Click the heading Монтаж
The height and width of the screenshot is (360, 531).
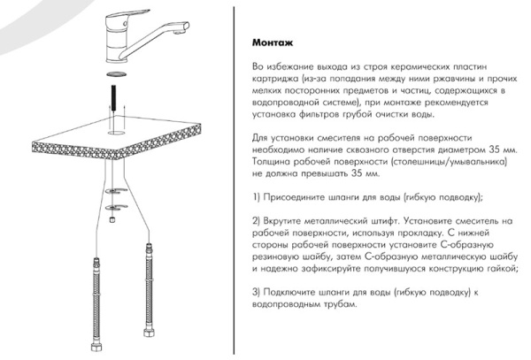click(x=273, y=43)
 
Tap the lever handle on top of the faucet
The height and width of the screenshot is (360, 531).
click(x=127, y=15)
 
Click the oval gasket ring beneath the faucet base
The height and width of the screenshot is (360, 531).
click(x=117, y=74)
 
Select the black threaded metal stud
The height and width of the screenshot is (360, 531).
click(x=114, y=97)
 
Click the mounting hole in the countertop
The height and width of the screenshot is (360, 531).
click(x=117, y=132)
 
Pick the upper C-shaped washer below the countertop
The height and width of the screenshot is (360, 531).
click(x=116, y=191)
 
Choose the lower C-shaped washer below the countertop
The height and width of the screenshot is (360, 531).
click(x=116, y=207)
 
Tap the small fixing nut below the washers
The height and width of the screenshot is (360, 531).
click(x=112, y=219)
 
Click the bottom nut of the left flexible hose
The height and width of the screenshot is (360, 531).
click(x=96, y=347)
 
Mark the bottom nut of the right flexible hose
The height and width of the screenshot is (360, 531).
click(x=148, y=333)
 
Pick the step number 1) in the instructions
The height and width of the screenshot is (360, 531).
click(x=256, y=197)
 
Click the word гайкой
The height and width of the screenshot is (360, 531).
click(x=503, y=269)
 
